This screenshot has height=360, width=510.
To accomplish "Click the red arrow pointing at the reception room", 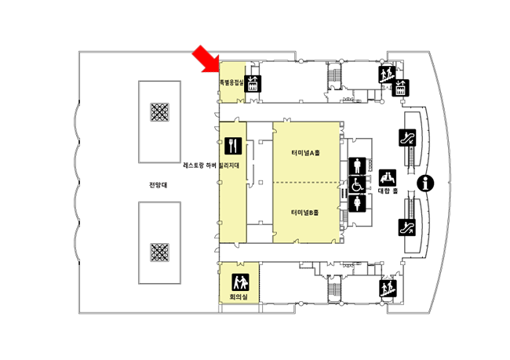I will pos(205,59).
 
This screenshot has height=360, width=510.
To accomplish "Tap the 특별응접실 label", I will pos(231,81).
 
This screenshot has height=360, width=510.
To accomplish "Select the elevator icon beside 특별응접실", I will pos(253,83).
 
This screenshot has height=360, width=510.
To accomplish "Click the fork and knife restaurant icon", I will pos(232,146).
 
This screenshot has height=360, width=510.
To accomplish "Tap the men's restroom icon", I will pos(358,165).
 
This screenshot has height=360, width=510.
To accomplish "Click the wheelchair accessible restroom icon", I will pos(358,185).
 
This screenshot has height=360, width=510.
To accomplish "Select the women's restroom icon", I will pos(358,203).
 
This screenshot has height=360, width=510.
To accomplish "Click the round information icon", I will pos(427,184).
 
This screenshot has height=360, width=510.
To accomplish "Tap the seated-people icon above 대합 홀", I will pos(388,176).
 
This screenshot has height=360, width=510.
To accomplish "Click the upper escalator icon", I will pos(407,137).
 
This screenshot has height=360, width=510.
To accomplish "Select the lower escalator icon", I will pos(407,228).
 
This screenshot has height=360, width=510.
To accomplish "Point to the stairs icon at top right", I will pos(386,75).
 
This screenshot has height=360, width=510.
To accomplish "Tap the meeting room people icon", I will pos(239,281).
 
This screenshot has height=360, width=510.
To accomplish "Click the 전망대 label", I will pos(158,185).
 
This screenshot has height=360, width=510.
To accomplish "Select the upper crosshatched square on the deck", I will pos(160,112).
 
